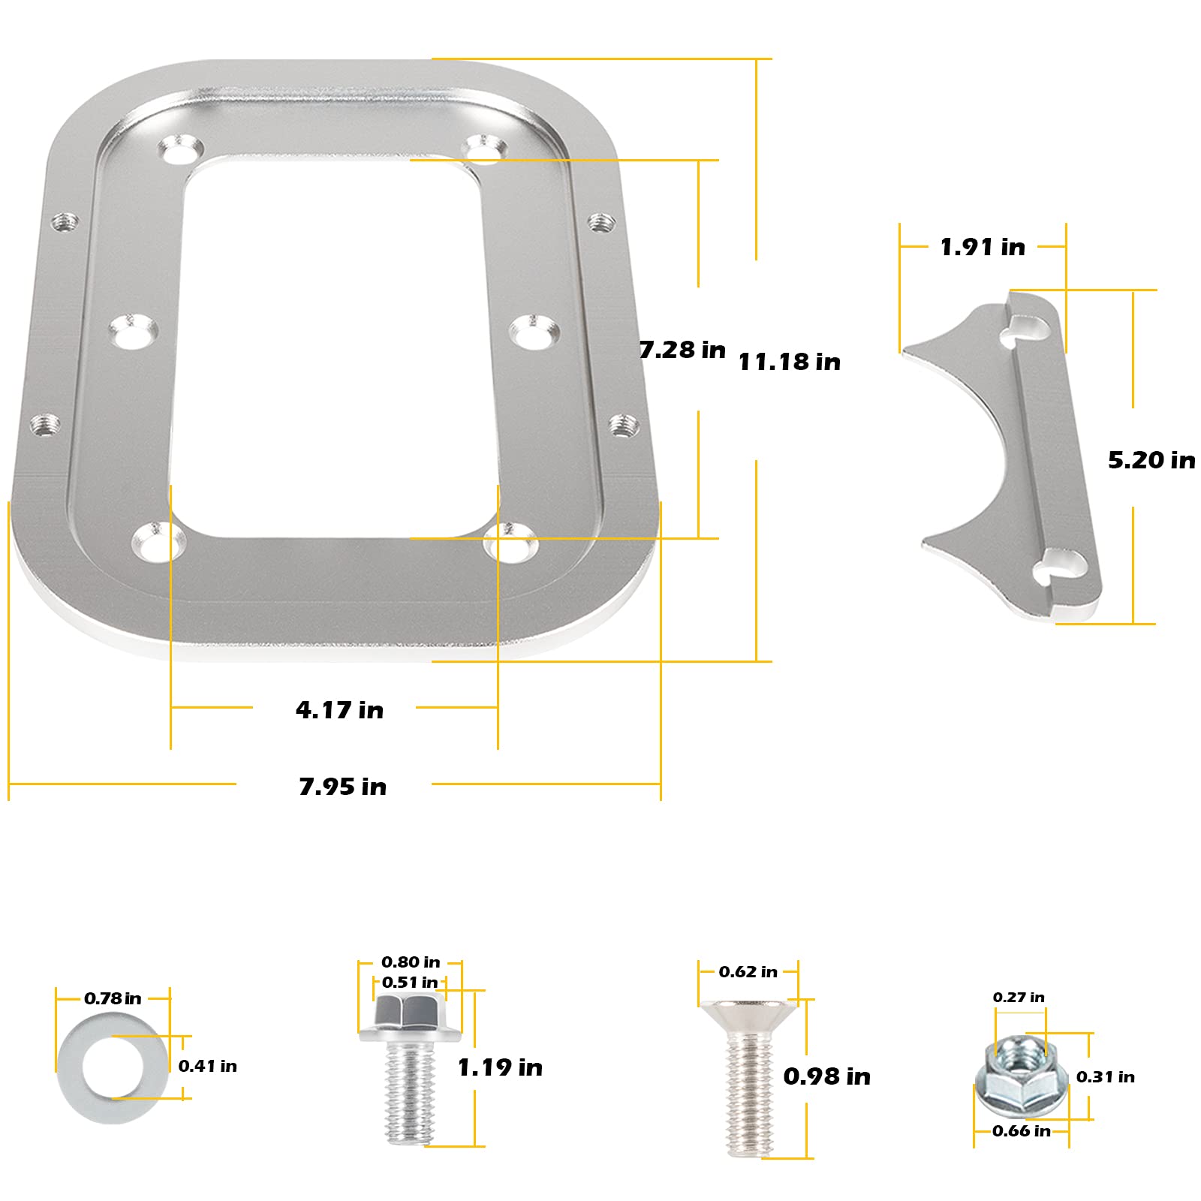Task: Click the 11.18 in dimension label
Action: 789,362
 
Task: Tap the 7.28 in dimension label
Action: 682,350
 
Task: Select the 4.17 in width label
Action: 339,709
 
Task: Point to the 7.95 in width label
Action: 342,786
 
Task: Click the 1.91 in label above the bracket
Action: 982,247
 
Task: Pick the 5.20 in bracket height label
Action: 1151,459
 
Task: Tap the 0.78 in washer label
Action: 113,998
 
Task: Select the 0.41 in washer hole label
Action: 207,1066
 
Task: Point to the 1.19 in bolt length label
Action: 500,1067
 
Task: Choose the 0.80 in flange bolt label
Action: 411,962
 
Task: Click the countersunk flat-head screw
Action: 748,1073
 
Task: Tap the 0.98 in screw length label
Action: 826,1076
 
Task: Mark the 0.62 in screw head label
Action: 748,971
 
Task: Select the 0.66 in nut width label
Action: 1021,1130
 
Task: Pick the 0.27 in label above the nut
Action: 1018,997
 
